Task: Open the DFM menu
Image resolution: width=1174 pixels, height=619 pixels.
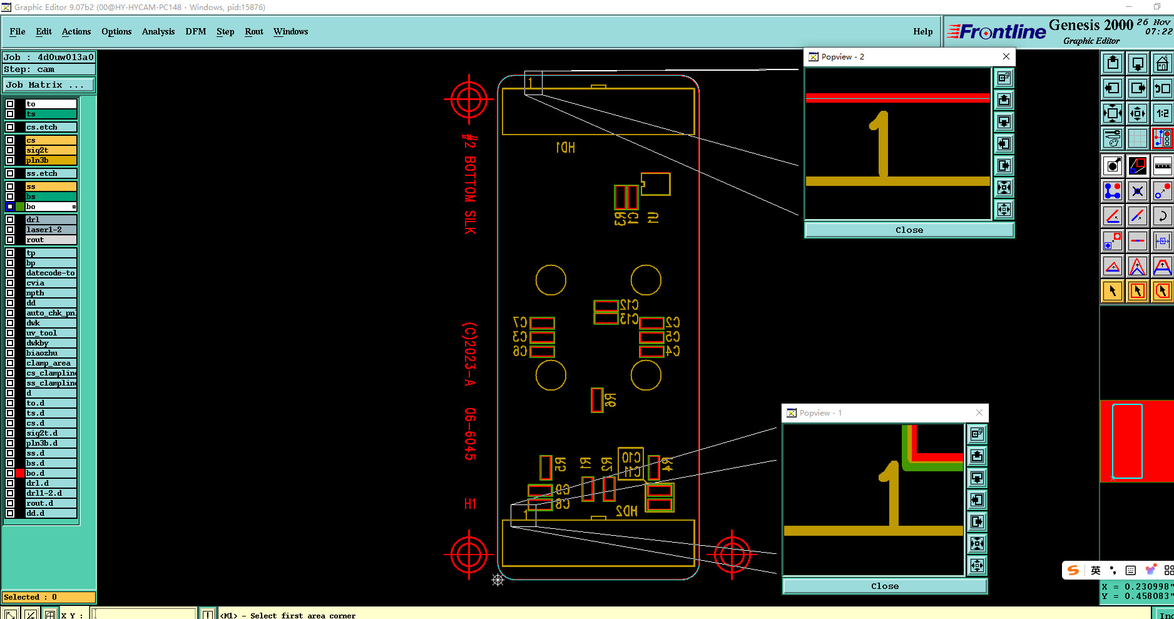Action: pyautogui.click(x=195, y=31)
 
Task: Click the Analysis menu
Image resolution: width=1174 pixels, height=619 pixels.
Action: pyautogui.click(x=158, y=31)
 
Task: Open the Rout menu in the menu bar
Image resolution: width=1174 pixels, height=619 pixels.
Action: pyautogui.click(x=253, y=31)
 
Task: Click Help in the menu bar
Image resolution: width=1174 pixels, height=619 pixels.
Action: pyautogui.click(x=922, y=31)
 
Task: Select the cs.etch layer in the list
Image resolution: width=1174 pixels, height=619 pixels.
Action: pyautogui.click(x=50, y=127)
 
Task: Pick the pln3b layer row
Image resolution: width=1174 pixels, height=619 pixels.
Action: pyautogui.click(x=50, y=160)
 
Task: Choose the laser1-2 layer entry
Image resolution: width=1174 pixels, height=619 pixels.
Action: pyautogui.click(x=50, y=230)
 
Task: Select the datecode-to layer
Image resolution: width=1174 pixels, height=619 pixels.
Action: pyautogui.click(x=50, y=273)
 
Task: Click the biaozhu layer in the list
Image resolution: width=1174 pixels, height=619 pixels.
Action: pyautogui.click(x=50, y=353)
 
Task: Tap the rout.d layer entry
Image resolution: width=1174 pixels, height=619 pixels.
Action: pyautogui.click(x=50, y=503)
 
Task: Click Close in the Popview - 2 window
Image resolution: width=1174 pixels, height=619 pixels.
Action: pyautogui.click(x=909, y=230)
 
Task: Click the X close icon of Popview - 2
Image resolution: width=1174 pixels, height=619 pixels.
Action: pyautogui.click(x=1006, y=56)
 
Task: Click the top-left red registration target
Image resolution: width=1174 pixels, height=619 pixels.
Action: pyautogui.click(x=469, y=99)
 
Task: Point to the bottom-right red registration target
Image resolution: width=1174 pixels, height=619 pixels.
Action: pyautogui.click(x=732, y=554)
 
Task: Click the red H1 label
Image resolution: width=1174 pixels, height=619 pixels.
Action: pyautogui.click(x=470, y=504)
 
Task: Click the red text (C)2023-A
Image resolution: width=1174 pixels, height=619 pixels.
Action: pyautogui.click(x=470, y=354)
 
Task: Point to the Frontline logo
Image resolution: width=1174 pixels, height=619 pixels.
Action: pyautogui.click(x=996, y=31)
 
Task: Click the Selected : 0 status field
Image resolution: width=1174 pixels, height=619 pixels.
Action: pyautogui.click(x=49, y=597)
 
